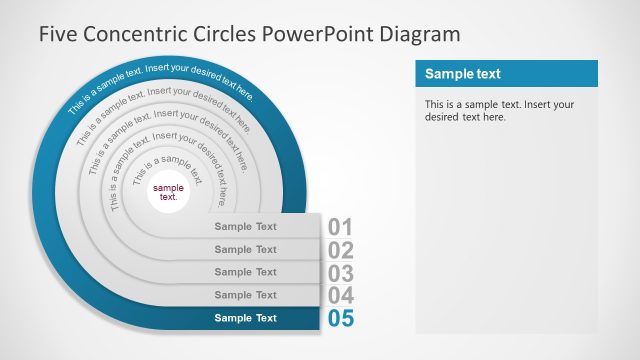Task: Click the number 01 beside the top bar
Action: [x=341, y=227]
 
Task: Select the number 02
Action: [x=341, y=250]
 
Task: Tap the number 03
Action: [x=341, y=273]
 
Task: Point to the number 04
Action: [x=341, y=296]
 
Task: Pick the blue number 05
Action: [x=341, y=319]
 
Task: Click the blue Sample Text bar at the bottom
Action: [x=245, y=318]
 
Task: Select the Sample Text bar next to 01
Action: [x=245, y=226]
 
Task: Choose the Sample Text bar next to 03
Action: [x=245, y=272]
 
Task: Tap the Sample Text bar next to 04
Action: [x=245, y=295]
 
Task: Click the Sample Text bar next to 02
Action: [x=245, y=249]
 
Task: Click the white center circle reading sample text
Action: [x=169, y=192]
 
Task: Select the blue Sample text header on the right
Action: [x=506, y=74]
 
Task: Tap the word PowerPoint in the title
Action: [x=317, y=33]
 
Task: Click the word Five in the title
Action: [x=58, y=33]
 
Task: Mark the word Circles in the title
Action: [x=225, y=33]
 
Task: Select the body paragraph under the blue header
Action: [x=499, y=110]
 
